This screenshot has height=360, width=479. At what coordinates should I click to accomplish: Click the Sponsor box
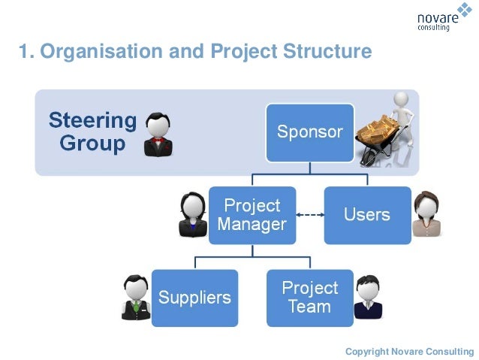tap(309, 132)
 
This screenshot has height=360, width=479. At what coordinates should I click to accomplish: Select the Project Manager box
tap(252, 215)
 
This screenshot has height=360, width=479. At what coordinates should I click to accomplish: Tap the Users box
tap(367, 215)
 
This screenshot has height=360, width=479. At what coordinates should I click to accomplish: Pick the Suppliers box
tap(194, 298)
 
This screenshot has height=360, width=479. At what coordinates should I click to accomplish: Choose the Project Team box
tap(309, 298)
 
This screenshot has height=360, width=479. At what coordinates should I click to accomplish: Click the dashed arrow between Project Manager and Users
tap(309, 216)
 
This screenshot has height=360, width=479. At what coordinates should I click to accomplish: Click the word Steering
tap(92, 120)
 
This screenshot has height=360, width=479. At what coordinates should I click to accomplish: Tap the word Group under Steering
tap(92, 144)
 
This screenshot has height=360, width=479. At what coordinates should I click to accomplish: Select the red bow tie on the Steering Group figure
tap(158, 141)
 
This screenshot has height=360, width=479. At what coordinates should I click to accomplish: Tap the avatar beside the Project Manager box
tap(193, 215)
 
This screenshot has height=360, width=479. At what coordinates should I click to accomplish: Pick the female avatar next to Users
tap(427, 214)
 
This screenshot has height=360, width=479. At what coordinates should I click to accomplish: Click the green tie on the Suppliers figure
tap(136, 306)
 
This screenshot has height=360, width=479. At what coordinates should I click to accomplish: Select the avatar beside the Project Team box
tap(368, 298)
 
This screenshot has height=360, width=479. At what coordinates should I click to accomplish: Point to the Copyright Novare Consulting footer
tap(409, 351)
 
